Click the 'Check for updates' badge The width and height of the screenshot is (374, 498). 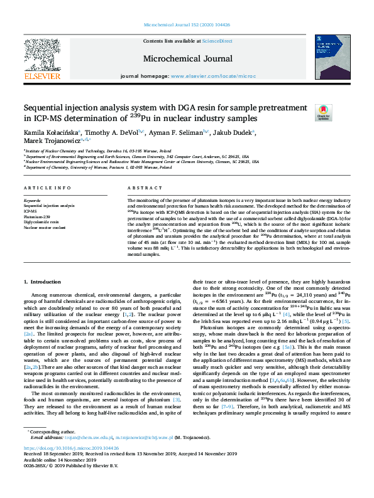pos(341,112)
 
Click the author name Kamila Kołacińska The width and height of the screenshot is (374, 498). pos(50,134)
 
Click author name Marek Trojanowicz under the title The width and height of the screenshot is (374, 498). pos(52,143)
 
